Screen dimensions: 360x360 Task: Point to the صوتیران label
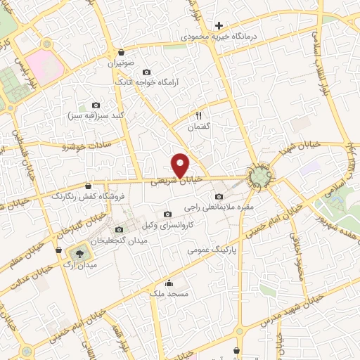tap(120, 63)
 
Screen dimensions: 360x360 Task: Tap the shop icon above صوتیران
tap(122, 52)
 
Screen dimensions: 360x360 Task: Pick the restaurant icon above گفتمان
tap(199, 116)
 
